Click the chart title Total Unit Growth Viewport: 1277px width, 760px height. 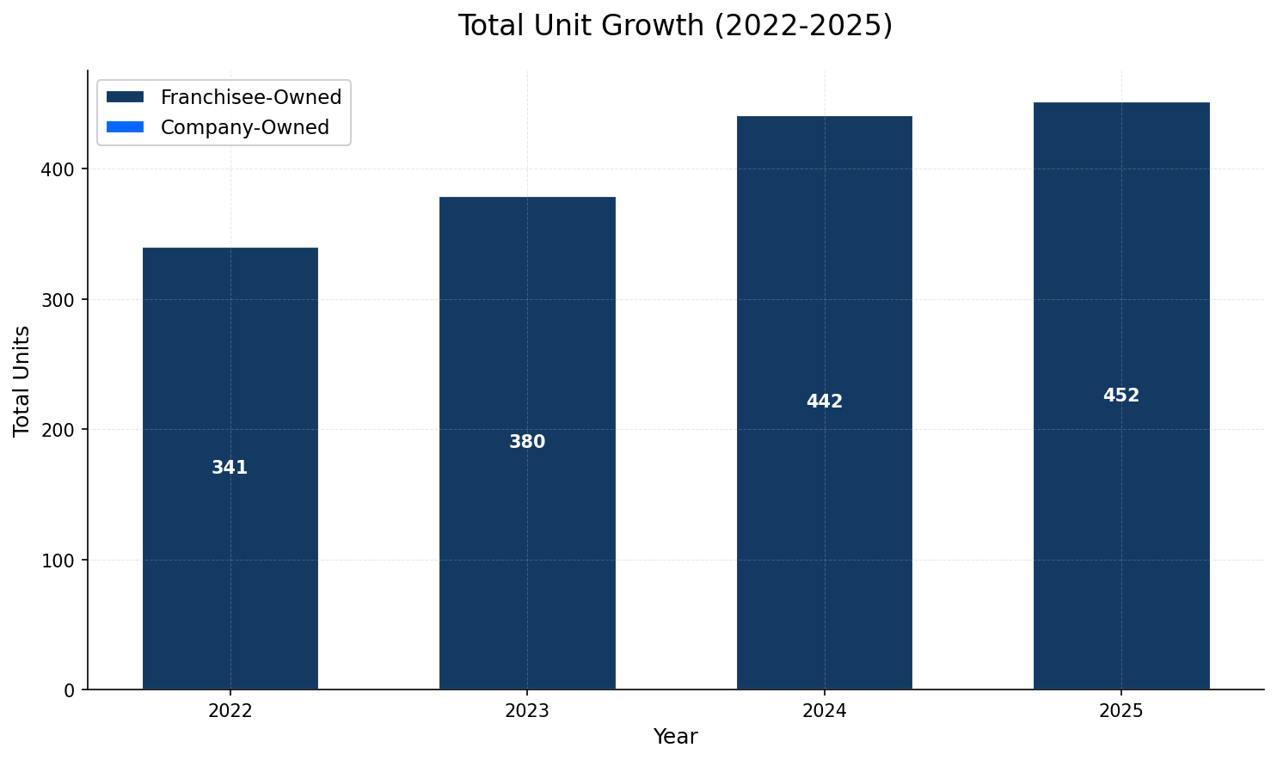click(675, 26)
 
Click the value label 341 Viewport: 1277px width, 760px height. click(230, 468)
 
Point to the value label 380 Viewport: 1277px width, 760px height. click(527, 442)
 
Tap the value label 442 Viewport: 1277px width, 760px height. click(824, 401)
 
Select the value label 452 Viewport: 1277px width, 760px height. click(1120, 395)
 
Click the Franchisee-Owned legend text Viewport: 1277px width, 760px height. click(251, 97)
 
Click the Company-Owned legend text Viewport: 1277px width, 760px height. click(244, 127)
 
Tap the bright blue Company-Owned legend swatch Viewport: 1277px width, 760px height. click(125, 127)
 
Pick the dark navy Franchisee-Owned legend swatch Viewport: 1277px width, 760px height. click(125, 97)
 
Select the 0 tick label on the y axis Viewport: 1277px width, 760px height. click(70, 690)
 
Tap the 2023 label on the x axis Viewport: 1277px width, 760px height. click(527, 711)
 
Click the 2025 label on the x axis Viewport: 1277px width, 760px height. click(1120, 711)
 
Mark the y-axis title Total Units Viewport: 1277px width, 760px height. click(22, 380)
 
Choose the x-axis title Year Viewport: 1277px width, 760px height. click(675, 737)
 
